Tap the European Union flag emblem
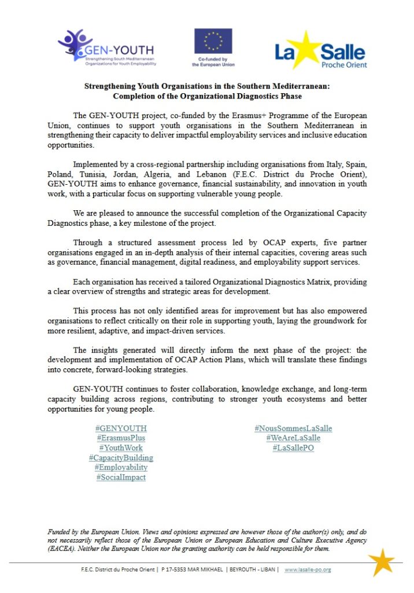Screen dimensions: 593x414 [213, 41]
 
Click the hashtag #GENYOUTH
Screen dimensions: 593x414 [121, 429]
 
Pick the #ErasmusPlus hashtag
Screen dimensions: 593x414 [121, 438]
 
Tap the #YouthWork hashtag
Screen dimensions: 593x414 [121, 448]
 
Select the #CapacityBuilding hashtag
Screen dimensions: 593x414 [121, 457]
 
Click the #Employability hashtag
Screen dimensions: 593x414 [121, 467]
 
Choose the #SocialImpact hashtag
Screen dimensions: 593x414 [121, 477]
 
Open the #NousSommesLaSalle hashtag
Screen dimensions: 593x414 [293, 429]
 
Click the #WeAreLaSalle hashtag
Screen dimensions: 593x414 [293, 438]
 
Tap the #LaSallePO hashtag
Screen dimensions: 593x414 [293, 448]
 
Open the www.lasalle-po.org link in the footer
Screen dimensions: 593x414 [308, 570]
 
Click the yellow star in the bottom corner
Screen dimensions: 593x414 [382, 562]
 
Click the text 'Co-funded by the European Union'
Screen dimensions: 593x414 [213, 62]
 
